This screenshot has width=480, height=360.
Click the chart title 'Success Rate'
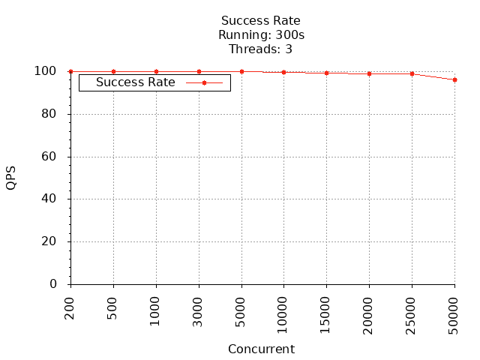[x=261, y=20]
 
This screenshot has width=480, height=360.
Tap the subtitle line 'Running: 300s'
[x=261, y=34]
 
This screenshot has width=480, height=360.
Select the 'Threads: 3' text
[x=261, y=49]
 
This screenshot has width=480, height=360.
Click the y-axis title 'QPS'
[x=11, y=178]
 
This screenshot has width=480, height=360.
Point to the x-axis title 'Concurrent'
[x=261, y=349]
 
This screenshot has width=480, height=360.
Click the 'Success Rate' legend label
[x=136, y=82]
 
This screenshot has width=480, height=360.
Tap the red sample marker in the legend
[x=204, y=82]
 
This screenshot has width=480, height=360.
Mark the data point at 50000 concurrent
[x=454, y=79]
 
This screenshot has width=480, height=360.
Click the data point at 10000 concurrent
[x=283, y=72]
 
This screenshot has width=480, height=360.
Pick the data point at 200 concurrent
[x=70, y=71]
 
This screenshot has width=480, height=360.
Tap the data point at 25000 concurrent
[x=412, y=73]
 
